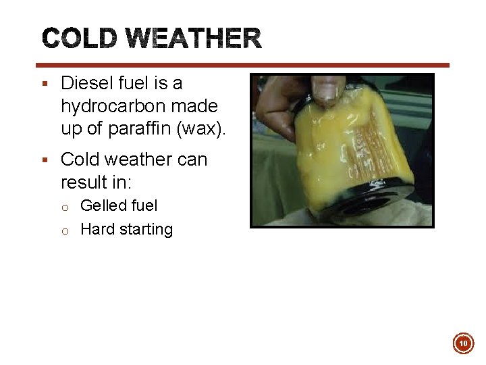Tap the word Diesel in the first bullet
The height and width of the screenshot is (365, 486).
(84, 83)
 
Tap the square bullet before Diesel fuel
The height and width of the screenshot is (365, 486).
(44, 83)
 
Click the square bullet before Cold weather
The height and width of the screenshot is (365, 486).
(44, 160)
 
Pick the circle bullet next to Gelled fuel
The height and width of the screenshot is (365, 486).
(66, 206)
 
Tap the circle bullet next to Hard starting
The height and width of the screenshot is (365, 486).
(66, 230)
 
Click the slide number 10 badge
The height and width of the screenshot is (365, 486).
(463, 344)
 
